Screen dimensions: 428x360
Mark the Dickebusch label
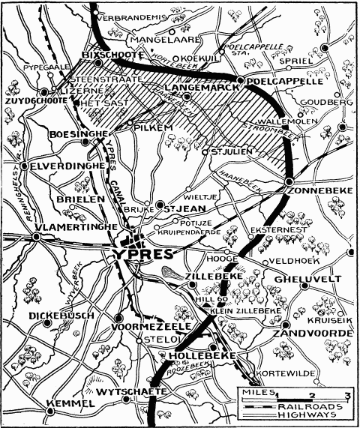tap(62, 316)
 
